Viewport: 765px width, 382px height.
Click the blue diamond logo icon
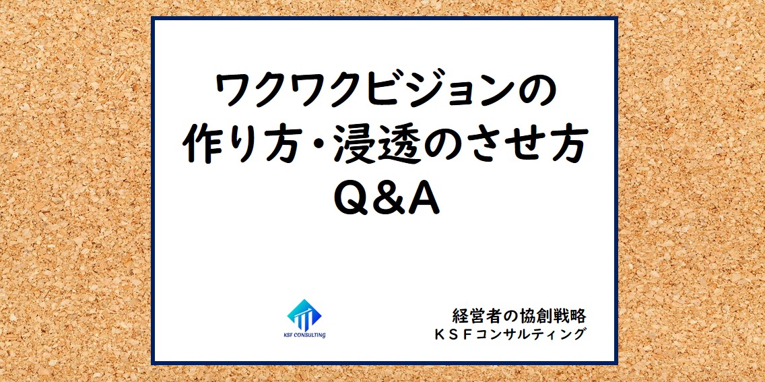click(x=304, y=314)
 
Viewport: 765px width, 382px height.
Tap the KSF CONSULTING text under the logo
click(x=304, y=335)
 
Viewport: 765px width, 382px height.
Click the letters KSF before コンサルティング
click(x=458, y=334)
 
